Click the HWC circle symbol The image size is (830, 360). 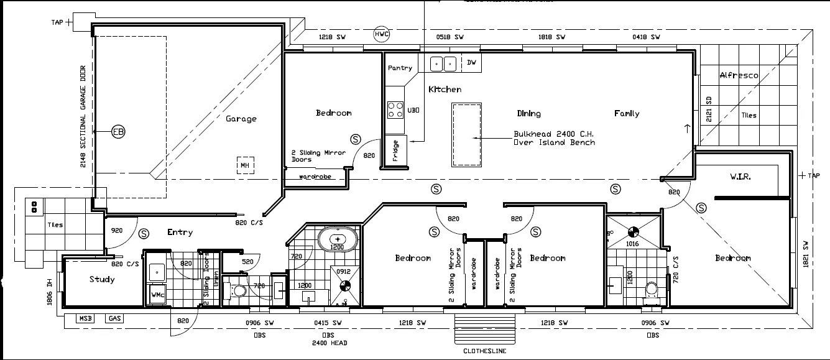(381, 34)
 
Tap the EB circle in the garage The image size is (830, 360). (118, 132)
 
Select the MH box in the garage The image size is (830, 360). (245, 165)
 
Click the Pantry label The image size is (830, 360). (400, 68)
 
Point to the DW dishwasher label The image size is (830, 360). (471, 63)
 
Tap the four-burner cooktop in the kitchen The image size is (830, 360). (395, 110)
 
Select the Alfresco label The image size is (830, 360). (739, 75)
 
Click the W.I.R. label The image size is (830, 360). (740, 177)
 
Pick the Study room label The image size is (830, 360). (102, 279)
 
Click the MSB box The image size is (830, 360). (85, 318)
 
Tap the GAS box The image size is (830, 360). (114, 318)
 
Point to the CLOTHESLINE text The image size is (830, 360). (484, 351)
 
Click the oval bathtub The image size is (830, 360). (338, 239)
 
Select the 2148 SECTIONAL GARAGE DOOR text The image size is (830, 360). (83, 118)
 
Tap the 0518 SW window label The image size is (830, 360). (451, 37)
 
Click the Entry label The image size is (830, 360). (180, 233)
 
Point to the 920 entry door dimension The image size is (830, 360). (116, 230)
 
